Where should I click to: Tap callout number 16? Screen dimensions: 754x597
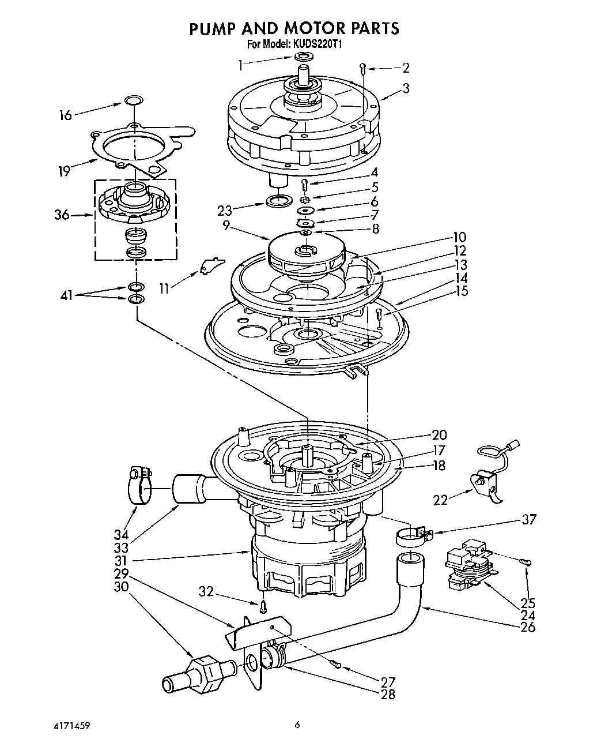66,115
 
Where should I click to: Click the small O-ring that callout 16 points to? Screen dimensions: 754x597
133,101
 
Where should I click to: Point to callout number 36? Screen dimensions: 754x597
62,215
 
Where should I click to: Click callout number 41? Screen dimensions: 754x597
66,295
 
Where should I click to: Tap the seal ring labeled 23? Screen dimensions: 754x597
279,201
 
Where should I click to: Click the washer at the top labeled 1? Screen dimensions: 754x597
303,57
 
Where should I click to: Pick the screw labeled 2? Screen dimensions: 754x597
362,68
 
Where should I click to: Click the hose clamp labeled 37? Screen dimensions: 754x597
412,537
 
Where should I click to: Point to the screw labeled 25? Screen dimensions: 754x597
526,562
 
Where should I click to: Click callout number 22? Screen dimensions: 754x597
440,500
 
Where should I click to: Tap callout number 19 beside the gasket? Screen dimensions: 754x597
64,171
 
